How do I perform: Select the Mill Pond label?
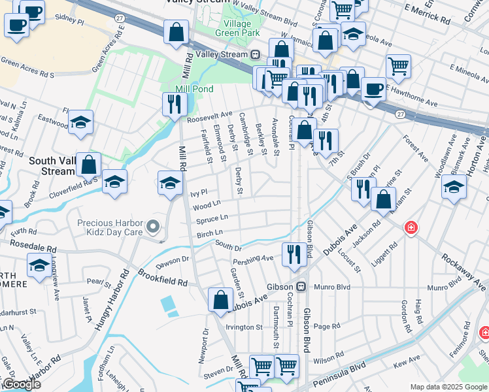click(x=190, y=89)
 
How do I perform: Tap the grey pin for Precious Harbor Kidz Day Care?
click(x=153, y=227)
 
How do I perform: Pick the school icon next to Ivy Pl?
click(x=170, y=182)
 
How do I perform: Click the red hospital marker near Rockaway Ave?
click(x=411, y=228)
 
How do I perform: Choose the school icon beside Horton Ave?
click(x=454, y=187)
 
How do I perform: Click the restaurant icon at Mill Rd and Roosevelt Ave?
click(x=175, y=104)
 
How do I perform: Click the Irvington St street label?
click(x=244, y=327)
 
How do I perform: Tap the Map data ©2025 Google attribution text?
click(x=448, y=387)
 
